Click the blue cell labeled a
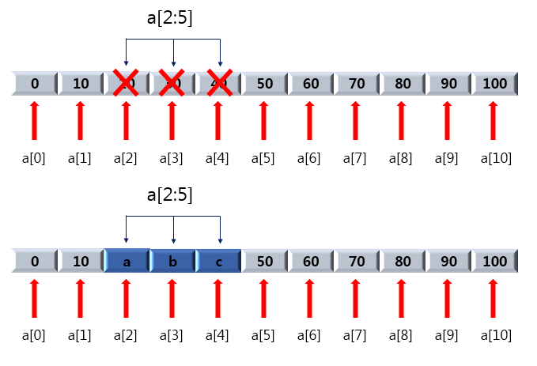(127, 262)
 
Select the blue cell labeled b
(172, 262)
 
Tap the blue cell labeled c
(218, 262)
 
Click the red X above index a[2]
(127, 83)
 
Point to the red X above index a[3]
(172, 83)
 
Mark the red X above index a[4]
(218, 83)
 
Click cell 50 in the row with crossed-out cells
(264, 83)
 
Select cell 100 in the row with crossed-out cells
(494, 83)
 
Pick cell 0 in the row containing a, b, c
(35, 262)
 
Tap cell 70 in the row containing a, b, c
(356, 262)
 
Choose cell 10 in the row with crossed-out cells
(81, 83)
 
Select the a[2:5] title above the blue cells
(170, 194)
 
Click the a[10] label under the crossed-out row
(496, 158)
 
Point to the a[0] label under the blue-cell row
(34, 336)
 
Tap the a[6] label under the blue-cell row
(309, 336)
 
